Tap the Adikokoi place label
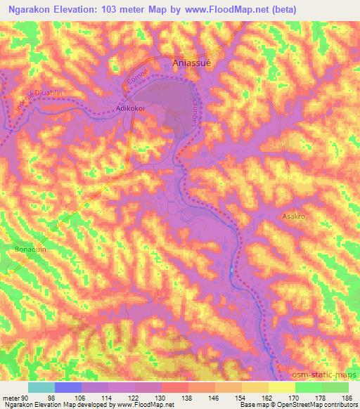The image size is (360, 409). tap(130, 110)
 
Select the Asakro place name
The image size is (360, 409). tap(295, 217)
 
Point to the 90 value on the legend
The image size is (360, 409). tap(26, 397)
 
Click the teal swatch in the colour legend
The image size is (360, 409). tap(41, 387)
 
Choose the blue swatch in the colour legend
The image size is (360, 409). tap(68, 387)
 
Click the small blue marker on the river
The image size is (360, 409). tap(231, 271)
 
